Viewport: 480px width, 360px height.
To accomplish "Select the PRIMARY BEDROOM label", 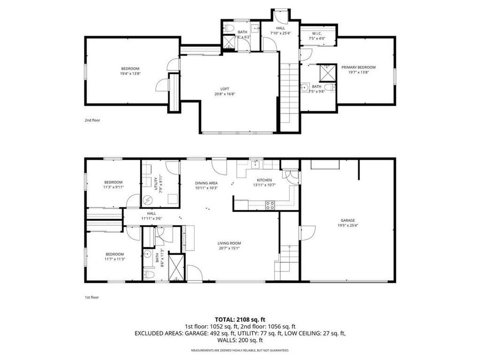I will point(358,67).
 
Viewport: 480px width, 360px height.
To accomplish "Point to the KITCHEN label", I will point(264,180).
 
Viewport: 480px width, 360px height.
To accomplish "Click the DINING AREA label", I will point(206,183).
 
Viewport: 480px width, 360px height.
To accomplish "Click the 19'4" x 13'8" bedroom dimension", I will point(130,74).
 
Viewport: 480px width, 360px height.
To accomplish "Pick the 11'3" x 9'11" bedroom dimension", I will point(113,187).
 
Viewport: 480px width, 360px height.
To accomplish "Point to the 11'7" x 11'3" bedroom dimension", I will point(115,259).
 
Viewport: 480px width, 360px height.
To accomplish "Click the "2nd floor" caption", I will point(92,120).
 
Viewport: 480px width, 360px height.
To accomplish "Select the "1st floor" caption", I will point(92,297).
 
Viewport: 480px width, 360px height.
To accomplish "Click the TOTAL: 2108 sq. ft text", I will point(240,320).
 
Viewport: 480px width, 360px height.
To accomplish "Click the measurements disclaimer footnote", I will point(240,350).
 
